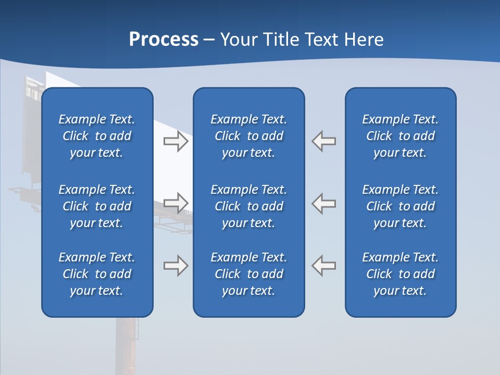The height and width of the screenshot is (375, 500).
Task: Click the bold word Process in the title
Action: pyautogui.click(x=164, y=40)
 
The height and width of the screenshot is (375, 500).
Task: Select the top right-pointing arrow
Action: pyautogui.click(x=176, y=141)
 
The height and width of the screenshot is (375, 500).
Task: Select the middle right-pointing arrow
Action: pyautogui.click(x=176, y=203)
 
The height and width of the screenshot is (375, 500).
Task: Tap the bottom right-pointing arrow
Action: pyautogui.click(x=176, y=265)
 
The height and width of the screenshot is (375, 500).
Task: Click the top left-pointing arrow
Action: pyautogui.click(x=324, y=141)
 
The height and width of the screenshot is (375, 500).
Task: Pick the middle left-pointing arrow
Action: pyautogui.click(x=324, y=203)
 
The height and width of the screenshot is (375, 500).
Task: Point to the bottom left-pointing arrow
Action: pyautogui.click(x=324, y=265)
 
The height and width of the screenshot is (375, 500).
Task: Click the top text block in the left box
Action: pyautogui.click(x=97, y=136)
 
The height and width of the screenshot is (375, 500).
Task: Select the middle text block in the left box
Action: pyautogui.click(x=97, y=206)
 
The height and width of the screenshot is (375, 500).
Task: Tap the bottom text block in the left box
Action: pyautogui.click(x=97, y=274)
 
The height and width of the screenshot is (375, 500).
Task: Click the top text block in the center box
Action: pyautogui.click(x=249, y=136)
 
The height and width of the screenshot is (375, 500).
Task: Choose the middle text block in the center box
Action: pyautogui.click(x=249, y=206)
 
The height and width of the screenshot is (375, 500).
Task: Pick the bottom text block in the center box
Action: pyautogui.click(x=249, y=274)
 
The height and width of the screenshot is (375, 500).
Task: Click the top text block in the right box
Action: pyautogui.click(x=401, y=136)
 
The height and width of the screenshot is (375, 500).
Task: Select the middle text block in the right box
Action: pyautogui.click(x=401, y=206)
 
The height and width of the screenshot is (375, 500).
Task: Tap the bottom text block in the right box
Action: pyautogui.click(x=401, y=274)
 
